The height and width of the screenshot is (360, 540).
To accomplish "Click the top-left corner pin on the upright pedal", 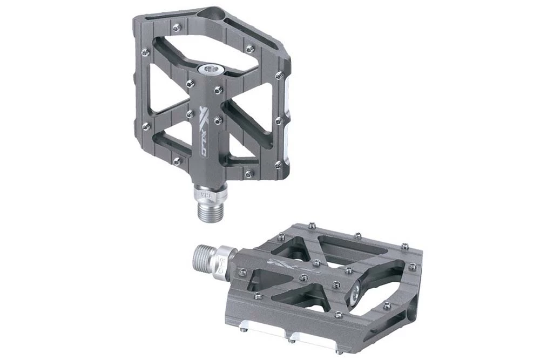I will [x=145, y=52].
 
